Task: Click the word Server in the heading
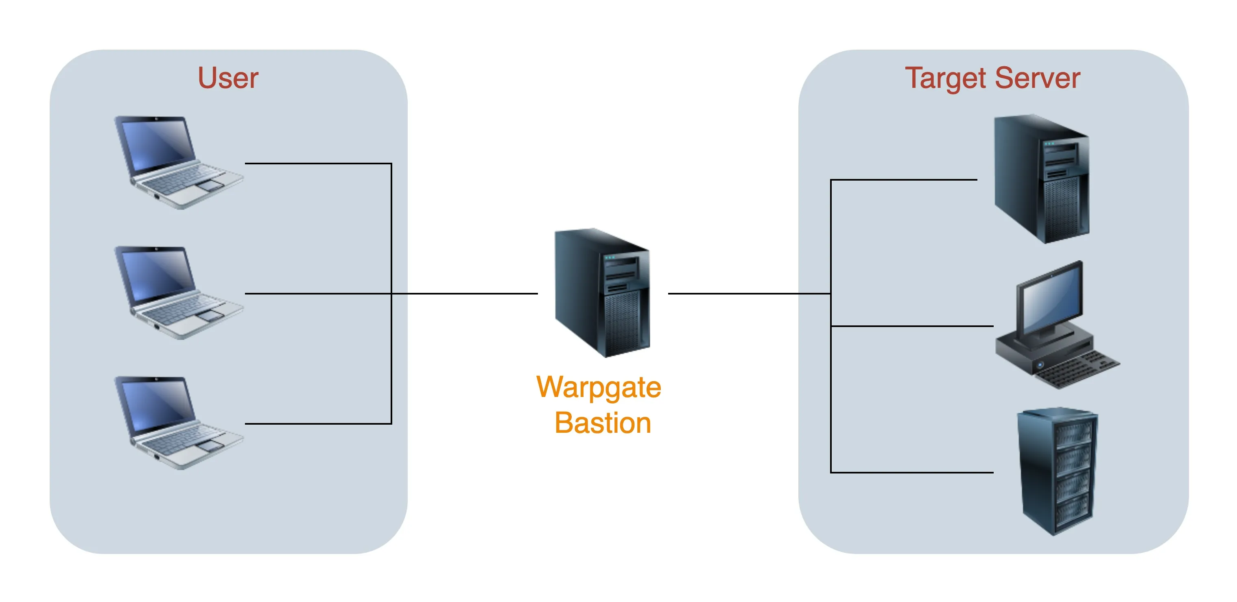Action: (x=1037, y=78)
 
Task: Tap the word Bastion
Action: (x=602, y=423)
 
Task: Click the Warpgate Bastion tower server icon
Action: (x=602, y=293)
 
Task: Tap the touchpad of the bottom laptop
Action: (x=210, y=445)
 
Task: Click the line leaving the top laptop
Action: (x=317, y=164)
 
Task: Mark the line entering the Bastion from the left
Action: (x=466, y=293)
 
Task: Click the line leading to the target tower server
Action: (x=903, y=180)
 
